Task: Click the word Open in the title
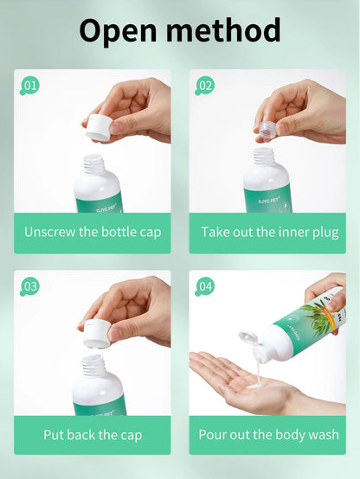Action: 118,30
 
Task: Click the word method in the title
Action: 223,29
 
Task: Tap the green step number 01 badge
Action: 29,86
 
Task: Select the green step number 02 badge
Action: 204,86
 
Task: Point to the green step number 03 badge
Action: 29,286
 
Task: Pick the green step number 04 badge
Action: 204,286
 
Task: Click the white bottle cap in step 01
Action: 99,127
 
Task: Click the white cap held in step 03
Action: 98,333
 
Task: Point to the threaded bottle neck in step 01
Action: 94,164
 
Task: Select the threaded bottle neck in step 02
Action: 264,156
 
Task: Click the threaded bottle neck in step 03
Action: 93,366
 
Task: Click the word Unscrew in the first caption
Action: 50,232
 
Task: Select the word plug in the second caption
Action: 325,233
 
